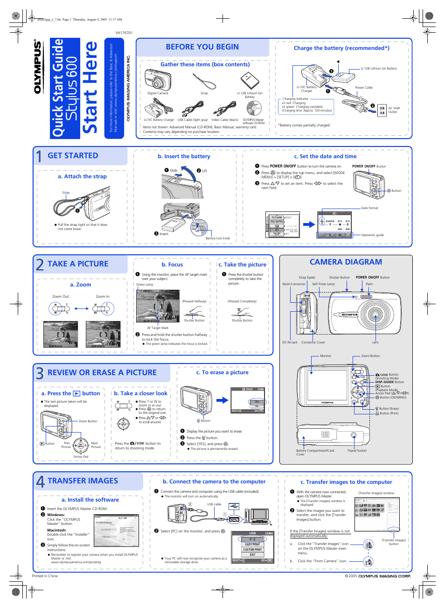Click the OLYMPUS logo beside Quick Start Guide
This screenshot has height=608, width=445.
(38, 67)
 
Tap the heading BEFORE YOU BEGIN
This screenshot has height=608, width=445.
(202, 47)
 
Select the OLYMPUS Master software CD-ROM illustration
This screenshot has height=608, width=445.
(253, 109)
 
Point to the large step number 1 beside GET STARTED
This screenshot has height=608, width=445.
(39, 156)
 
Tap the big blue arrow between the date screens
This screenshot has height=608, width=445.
(308, 224)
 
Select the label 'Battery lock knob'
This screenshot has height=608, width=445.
(218, 238)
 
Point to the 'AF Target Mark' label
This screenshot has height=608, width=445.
(158, 328)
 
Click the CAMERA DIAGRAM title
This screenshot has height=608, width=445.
(346, 262)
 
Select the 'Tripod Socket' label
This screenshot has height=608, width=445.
(356, 451)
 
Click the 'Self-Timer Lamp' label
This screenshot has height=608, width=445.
(323, 284)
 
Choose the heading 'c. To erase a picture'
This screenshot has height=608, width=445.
(222, 372)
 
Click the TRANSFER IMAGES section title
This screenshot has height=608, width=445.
(83, 481)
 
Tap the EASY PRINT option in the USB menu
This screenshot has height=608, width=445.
(252, 545)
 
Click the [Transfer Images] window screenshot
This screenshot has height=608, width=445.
(377, 514)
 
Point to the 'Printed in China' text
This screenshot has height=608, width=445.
(45, 576)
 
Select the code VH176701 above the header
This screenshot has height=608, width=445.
(124, 33)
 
